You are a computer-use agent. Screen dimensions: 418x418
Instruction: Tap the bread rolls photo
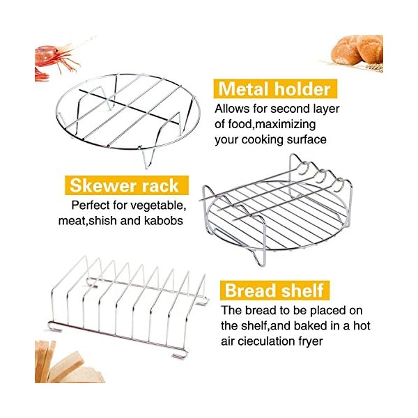tap(356, 53)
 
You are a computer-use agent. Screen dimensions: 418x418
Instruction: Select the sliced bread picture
tap(68, 363)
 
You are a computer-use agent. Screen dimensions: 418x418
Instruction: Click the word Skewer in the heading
tap(102, 185)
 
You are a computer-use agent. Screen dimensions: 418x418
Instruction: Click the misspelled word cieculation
tap(272, 341)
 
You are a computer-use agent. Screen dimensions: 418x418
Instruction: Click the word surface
tap(307, 140)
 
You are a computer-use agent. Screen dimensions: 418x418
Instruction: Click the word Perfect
tap(90, 206)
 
